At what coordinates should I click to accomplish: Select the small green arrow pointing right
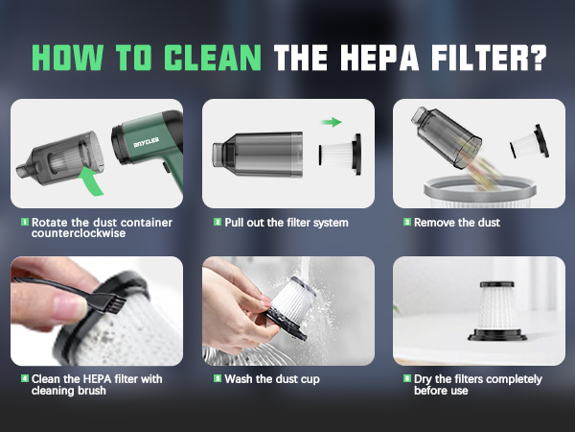pos(332,122)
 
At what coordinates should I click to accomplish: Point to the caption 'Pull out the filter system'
pos(287,223)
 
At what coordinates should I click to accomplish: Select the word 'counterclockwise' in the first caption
pos(81,234)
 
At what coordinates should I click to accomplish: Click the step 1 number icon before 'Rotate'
pos(24,223)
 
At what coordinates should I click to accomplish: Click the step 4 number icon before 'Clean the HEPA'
pos(24,379)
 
